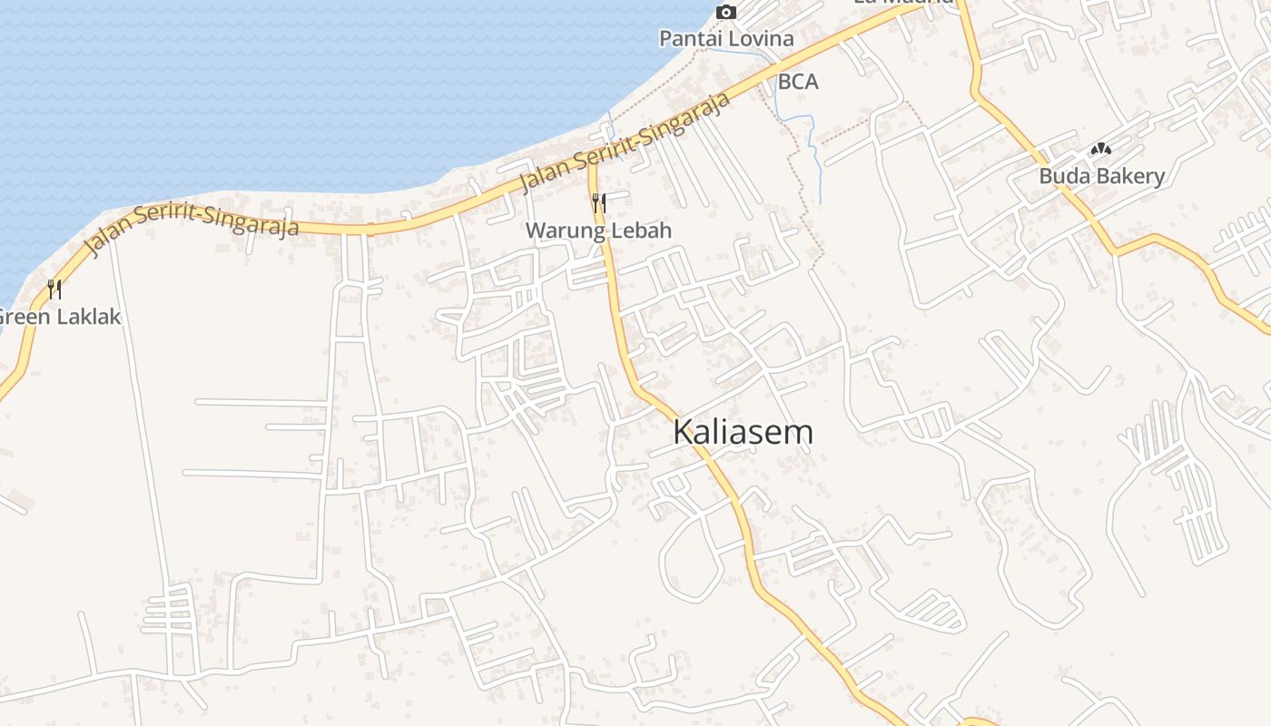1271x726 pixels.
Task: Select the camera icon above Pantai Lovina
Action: coord(725,12)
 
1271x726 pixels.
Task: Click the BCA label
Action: coord(798,82)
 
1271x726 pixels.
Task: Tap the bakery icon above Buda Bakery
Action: coord(1100,149)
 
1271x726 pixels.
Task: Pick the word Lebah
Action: coord(641,231)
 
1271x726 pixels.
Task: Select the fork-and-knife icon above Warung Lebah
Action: coord(598,202)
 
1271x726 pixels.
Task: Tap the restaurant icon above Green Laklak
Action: coord(54,289)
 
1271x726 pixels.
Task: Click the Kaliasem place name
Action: coord(743,432)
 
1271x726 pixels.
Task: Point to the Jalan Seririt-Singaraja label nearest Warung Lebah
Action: coord(626,143)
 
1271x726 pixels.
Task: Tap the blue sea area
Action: coord(272,91)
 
